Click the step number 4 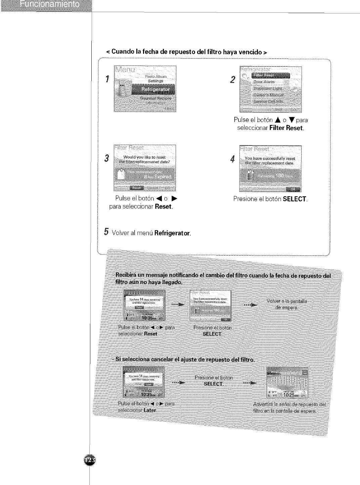[x=232, y=159]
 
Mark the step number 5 [x=106, y=232]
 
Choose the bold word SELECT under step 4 [x=295, y=199]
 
